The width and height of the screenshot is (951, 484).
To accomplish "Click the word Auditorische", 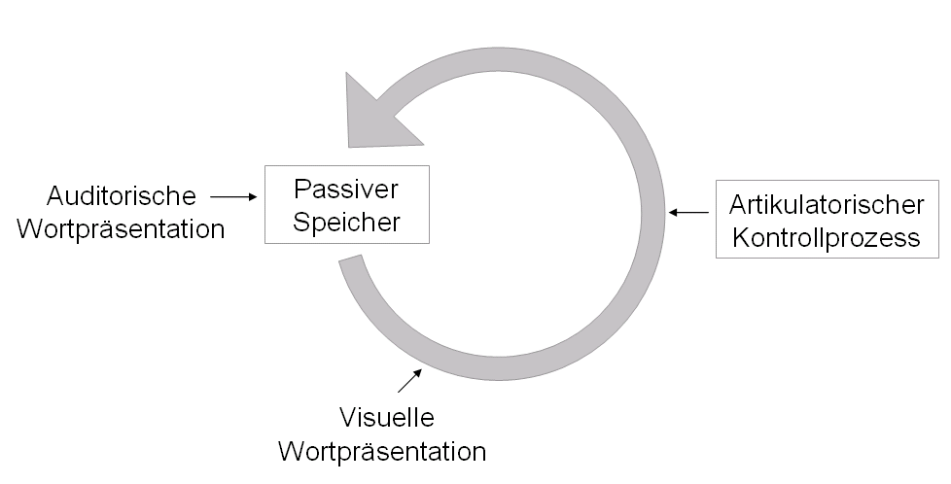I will [x=122, y=196].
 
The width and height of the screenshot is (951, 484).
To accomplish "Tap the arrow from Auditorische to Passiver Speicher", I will [x=232, y=196].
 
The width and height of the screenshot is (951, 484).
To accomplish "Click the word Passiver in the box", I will [x=346, y=189].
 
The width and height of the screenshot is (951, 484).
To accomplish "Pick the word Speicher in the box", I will [x=346, y=221].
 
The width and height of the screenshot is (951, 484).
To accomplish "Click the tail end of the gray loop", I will [x=352, y=265].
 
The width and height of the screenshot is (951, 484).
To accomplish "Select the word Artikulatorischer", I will [x=827, y=205].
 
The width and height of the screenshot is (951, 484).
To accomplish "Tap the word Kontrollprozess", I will [x=827, y=237].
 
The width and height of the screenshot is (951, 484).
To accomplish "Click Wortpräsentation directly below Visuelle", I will [x=382, y=451].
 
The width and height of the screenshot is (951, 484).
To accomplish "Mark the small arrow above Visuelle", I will [x=410, y=380].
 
